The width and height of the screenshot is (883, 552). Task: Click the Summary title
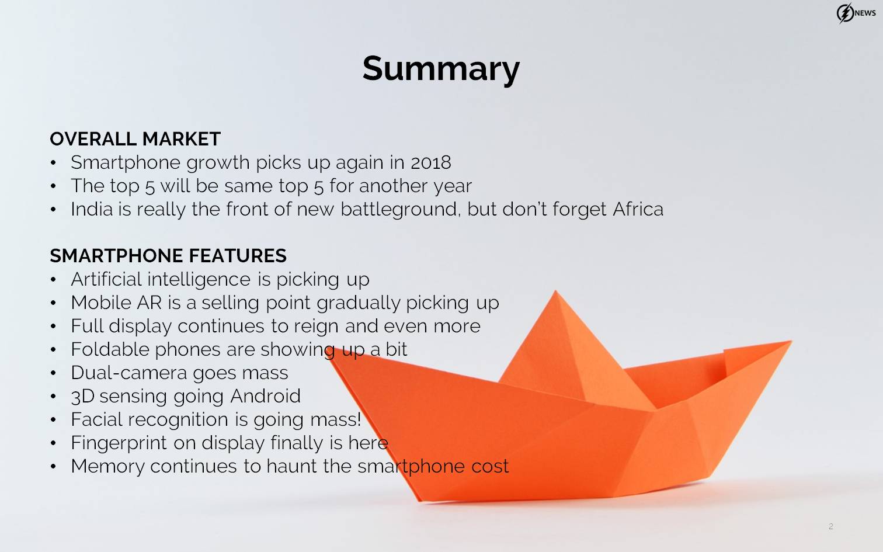441,69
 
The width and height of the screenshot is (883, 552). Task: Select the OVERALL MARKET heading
135,139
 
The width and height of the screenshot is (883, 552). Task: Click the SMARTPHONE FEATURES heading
168,255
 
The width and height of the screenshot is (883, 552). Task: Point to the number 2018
431,162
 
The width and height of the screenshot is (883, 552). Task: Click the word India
92,209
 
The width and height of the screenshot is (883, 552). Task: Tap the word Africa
638,209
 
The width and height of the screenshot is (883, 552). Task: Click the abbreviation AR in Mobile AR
150,303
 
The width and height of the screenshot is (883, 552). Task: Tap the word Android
265,396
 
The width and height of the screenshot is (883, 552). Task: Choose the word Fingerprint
119,443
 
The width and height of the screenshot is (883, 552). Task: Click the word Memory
107,466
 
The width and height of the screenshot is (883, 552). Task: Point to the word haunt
292,466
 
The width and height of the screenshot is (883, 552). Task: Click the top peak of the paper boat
555,291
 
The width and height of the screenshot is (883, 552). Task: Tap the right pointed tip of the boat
790,342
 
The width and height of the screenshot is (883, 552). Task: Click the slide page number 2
831,526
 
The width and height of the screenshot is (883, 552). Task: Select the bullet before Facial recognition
53,419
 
